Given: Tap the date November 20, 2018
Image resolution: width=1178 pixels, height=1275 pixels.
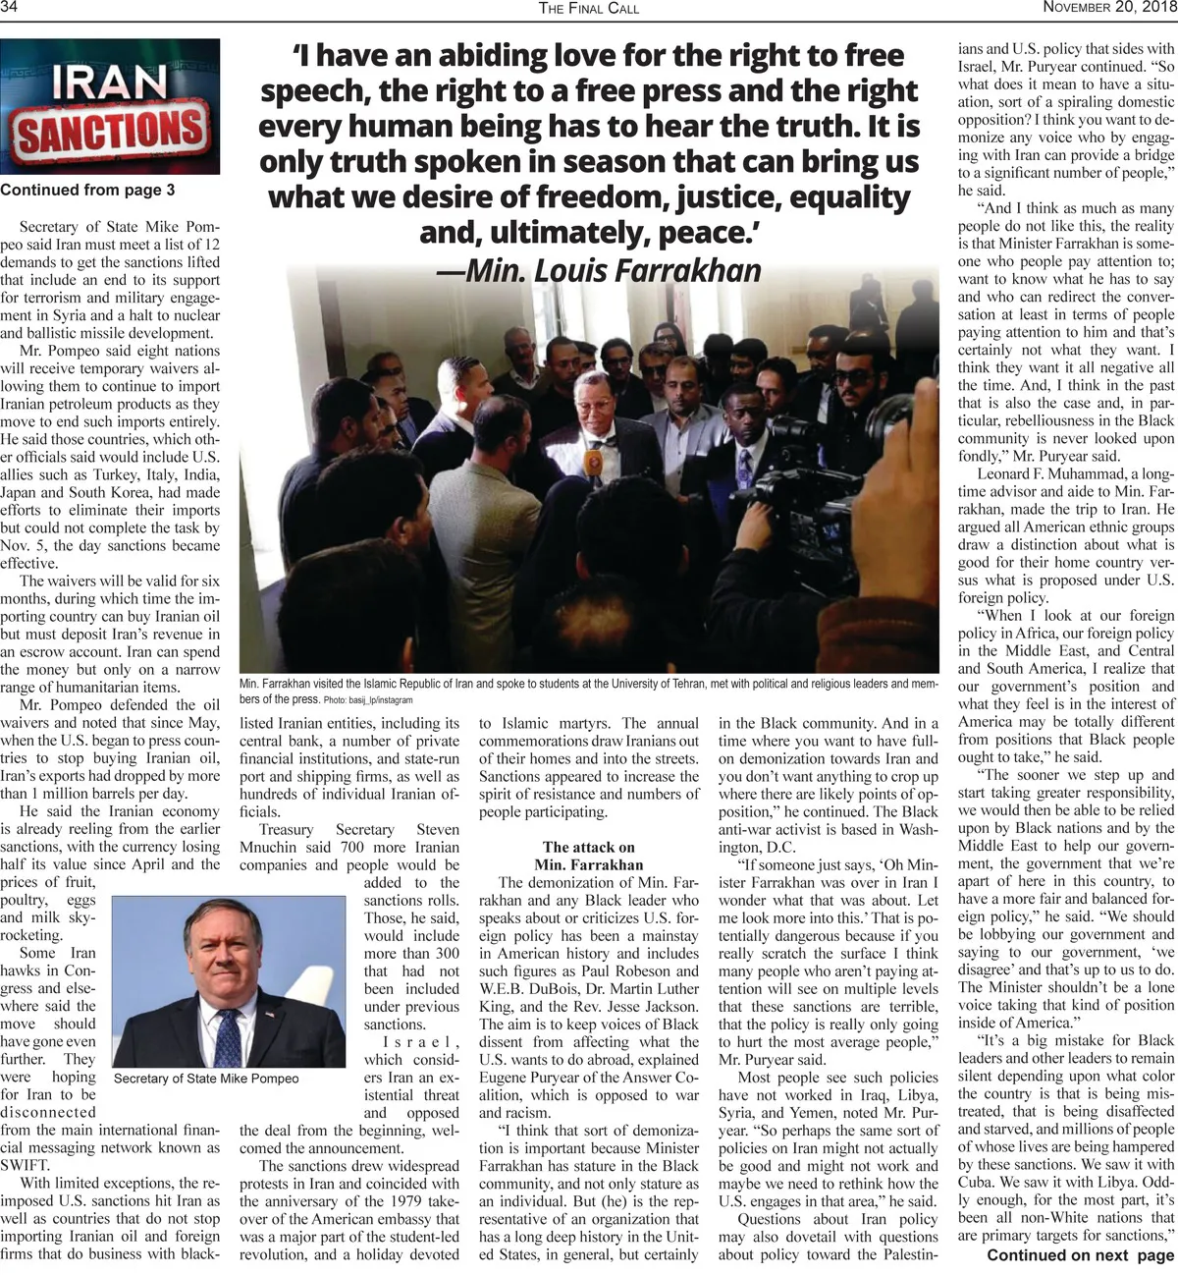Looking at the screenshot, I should tap(1109, 8).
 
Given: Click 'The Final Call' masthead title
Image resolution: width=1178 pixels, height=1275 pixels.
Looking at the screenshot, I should tap(589, 9).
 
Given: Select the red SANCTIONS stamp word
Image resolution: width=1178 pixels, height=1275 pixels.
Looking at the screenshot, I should tap(110, 133).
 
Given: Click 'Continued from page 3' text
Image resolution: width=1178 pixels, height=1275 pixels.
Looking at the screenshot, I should tap(88, 190).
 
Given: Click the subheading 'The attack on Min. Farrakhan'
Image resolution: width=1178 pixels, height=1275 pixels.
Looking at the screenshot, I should tap(589, 856).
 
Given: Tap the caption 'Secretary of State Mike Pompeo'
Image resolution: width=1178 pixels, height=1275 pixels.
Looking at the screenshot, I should tap(207, 1078).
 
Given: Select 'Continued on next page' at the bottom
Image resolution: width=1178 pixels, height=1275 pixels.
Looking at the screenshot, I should tap(1080, 1254).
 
